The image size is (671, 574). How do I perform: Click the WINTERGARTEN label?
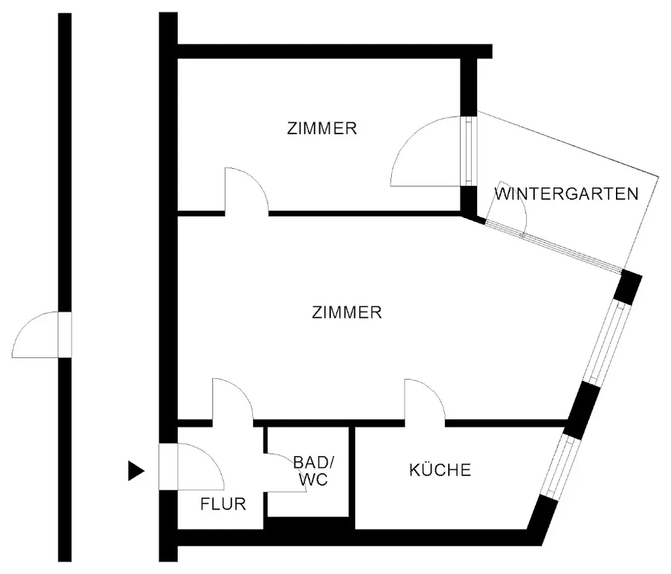tap(566, 194)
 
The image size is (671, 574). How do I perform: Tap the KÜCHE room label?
tap(440, 469)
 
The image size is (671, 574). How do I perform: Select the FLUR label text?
tap(223, 504)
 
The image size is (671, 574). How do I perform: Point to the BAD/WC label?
tap(313, 471)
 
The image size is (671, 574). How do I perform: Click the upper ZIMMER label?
tap(321, 128)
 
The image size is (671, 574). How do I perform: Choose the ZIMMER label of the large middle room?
tap(347, 312)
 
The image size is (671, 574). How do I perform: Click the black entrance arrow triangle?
tap(136, 471)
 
